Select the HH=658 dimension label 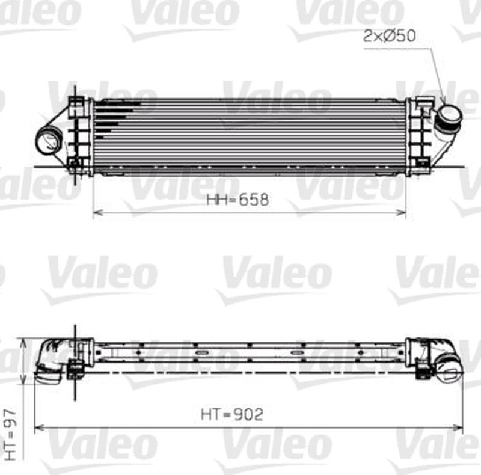(237, 200)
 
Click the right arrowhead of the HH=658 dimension (402, 212)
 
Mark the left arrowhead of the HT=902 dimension (38, 427)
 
